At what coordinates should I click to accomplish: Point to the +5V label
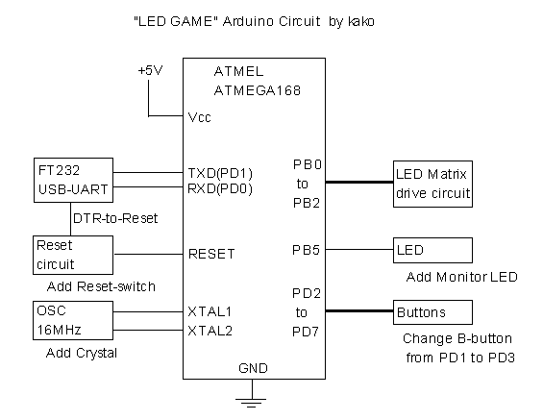coord(150,70)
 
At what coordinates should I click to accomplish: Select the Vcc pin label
coord(199,117)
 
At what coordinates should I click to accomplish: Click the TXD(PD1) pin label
coord(220,173)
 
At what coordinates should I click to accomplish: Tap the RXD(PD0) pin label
coord(220,188)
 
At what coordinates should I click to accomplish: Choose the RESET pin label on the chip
coord(211,254)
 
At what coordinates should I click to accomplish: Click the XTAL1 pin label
coord(210,311)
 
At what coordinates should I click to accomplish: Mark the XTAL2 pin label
coord(210,331)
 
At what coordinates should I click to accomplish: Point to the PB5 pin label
coord(307,250)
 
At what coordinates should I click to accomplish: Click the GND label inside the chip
coord(253,368)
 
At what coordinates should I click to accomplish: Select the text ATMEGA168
coord(258,90)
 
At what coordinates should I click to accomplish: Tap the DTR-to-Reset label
coord(115,218)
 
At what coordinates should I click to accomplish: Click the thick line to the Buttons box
coord(359,311)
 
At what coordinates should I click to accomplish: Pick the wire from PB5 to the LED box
coord(359,249)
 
